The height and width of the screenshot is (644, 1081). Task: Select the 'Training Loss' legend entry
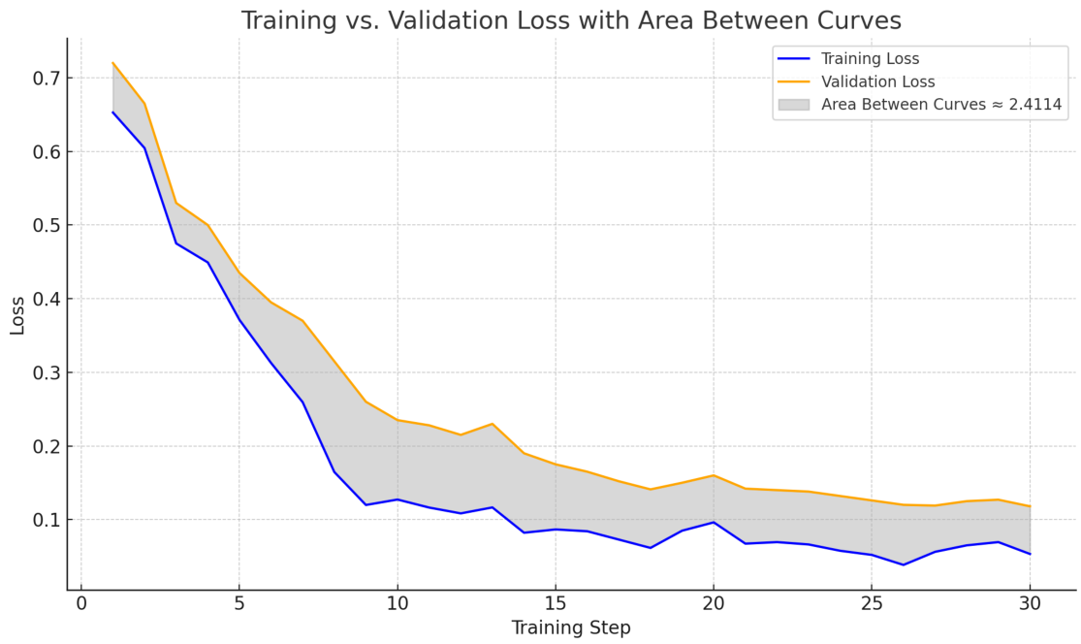click(x=870, y=59)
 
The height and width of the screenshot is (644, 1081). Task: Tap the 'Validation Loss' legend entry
click(x=877, y=82)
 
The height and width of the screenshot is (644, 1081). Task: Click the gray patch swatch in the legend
click(x=793, y=105)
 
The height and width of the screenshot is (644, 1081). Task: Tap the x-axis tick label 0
click(x=81, y=603)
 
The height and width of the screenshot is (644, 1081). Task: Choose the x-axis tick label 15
click(x=556, y=603)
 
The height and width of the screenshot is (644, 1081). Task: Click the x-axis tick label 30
click(x=1030, y=603)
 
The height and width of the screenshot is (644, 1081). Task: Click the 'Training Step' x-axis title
click(x=571, y=628)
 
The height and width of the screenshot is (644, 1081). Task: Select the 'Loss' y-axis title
click(x=17, y=315)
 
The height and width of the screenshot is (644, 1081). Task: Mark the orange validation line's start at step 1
click(x=113, y=63)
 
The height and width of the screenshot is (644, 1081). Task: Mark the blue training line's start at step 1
click(x=113, y=112)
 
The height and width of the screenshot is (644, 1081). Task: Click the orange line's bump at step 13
click(x=493, y=424)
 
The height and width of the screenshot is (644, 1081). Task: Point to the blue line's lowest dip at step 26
click(x=904, y=564)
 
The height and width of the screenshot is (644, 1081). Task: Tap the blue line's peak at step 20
click(x=714, y=522)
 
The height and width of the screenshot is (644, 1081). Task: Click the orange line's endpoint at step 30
click(x=1030, y=506)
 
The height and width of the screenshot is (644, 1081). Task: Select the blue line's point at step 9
click(x=366, y=504)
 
